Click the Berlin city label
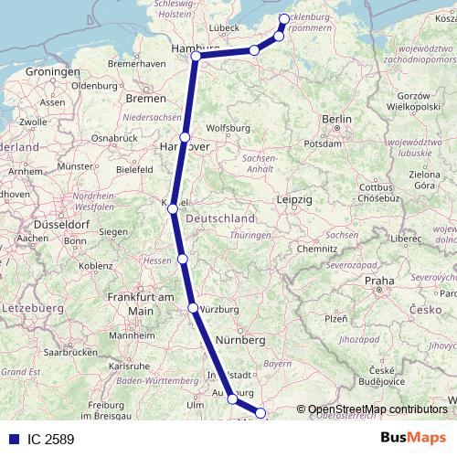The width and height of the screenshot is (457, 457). click(x=336, y=120)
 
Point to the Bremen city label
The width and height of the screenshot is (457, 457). click(x=146, y=98)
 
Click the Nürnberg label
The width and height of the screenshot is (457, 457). click(x=240, y=340)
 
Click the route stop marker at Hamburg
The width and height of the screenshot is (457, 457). click(x=196, y=57)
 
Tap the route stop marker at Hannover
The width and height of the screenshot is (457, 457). click(x=185, y=137)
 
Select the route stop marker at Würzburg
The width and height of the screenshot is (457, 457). click(x=192, y=308)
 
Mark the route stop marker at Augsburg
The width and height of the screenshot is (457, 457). click(x=232, y=399)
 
